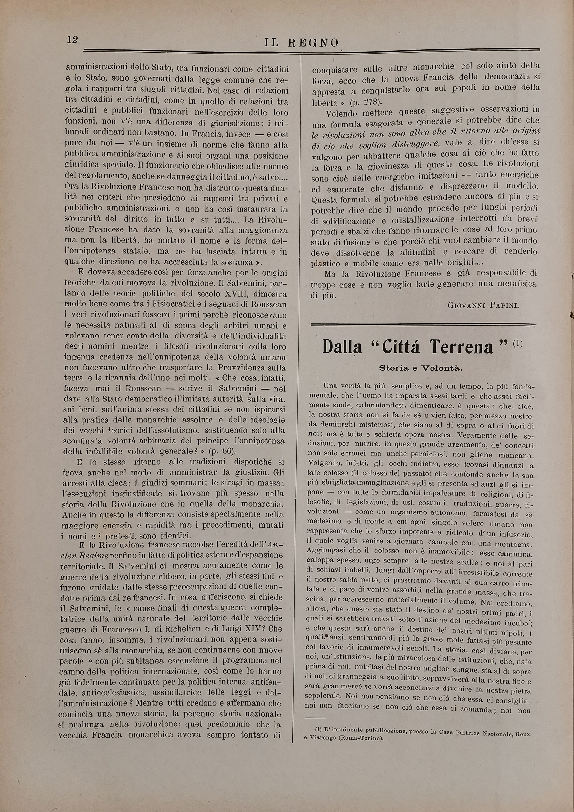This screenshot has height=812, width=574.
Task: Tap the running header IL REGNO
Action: (x=302, y=43)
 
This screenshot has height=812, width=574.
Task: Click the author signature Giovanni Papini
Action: (x=483, y=305)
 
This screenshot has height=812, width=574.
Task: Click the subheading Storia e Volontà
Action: (x=420, y=368)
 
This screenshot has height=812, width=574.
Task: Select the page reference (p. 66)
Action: (x=219, y=451)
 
